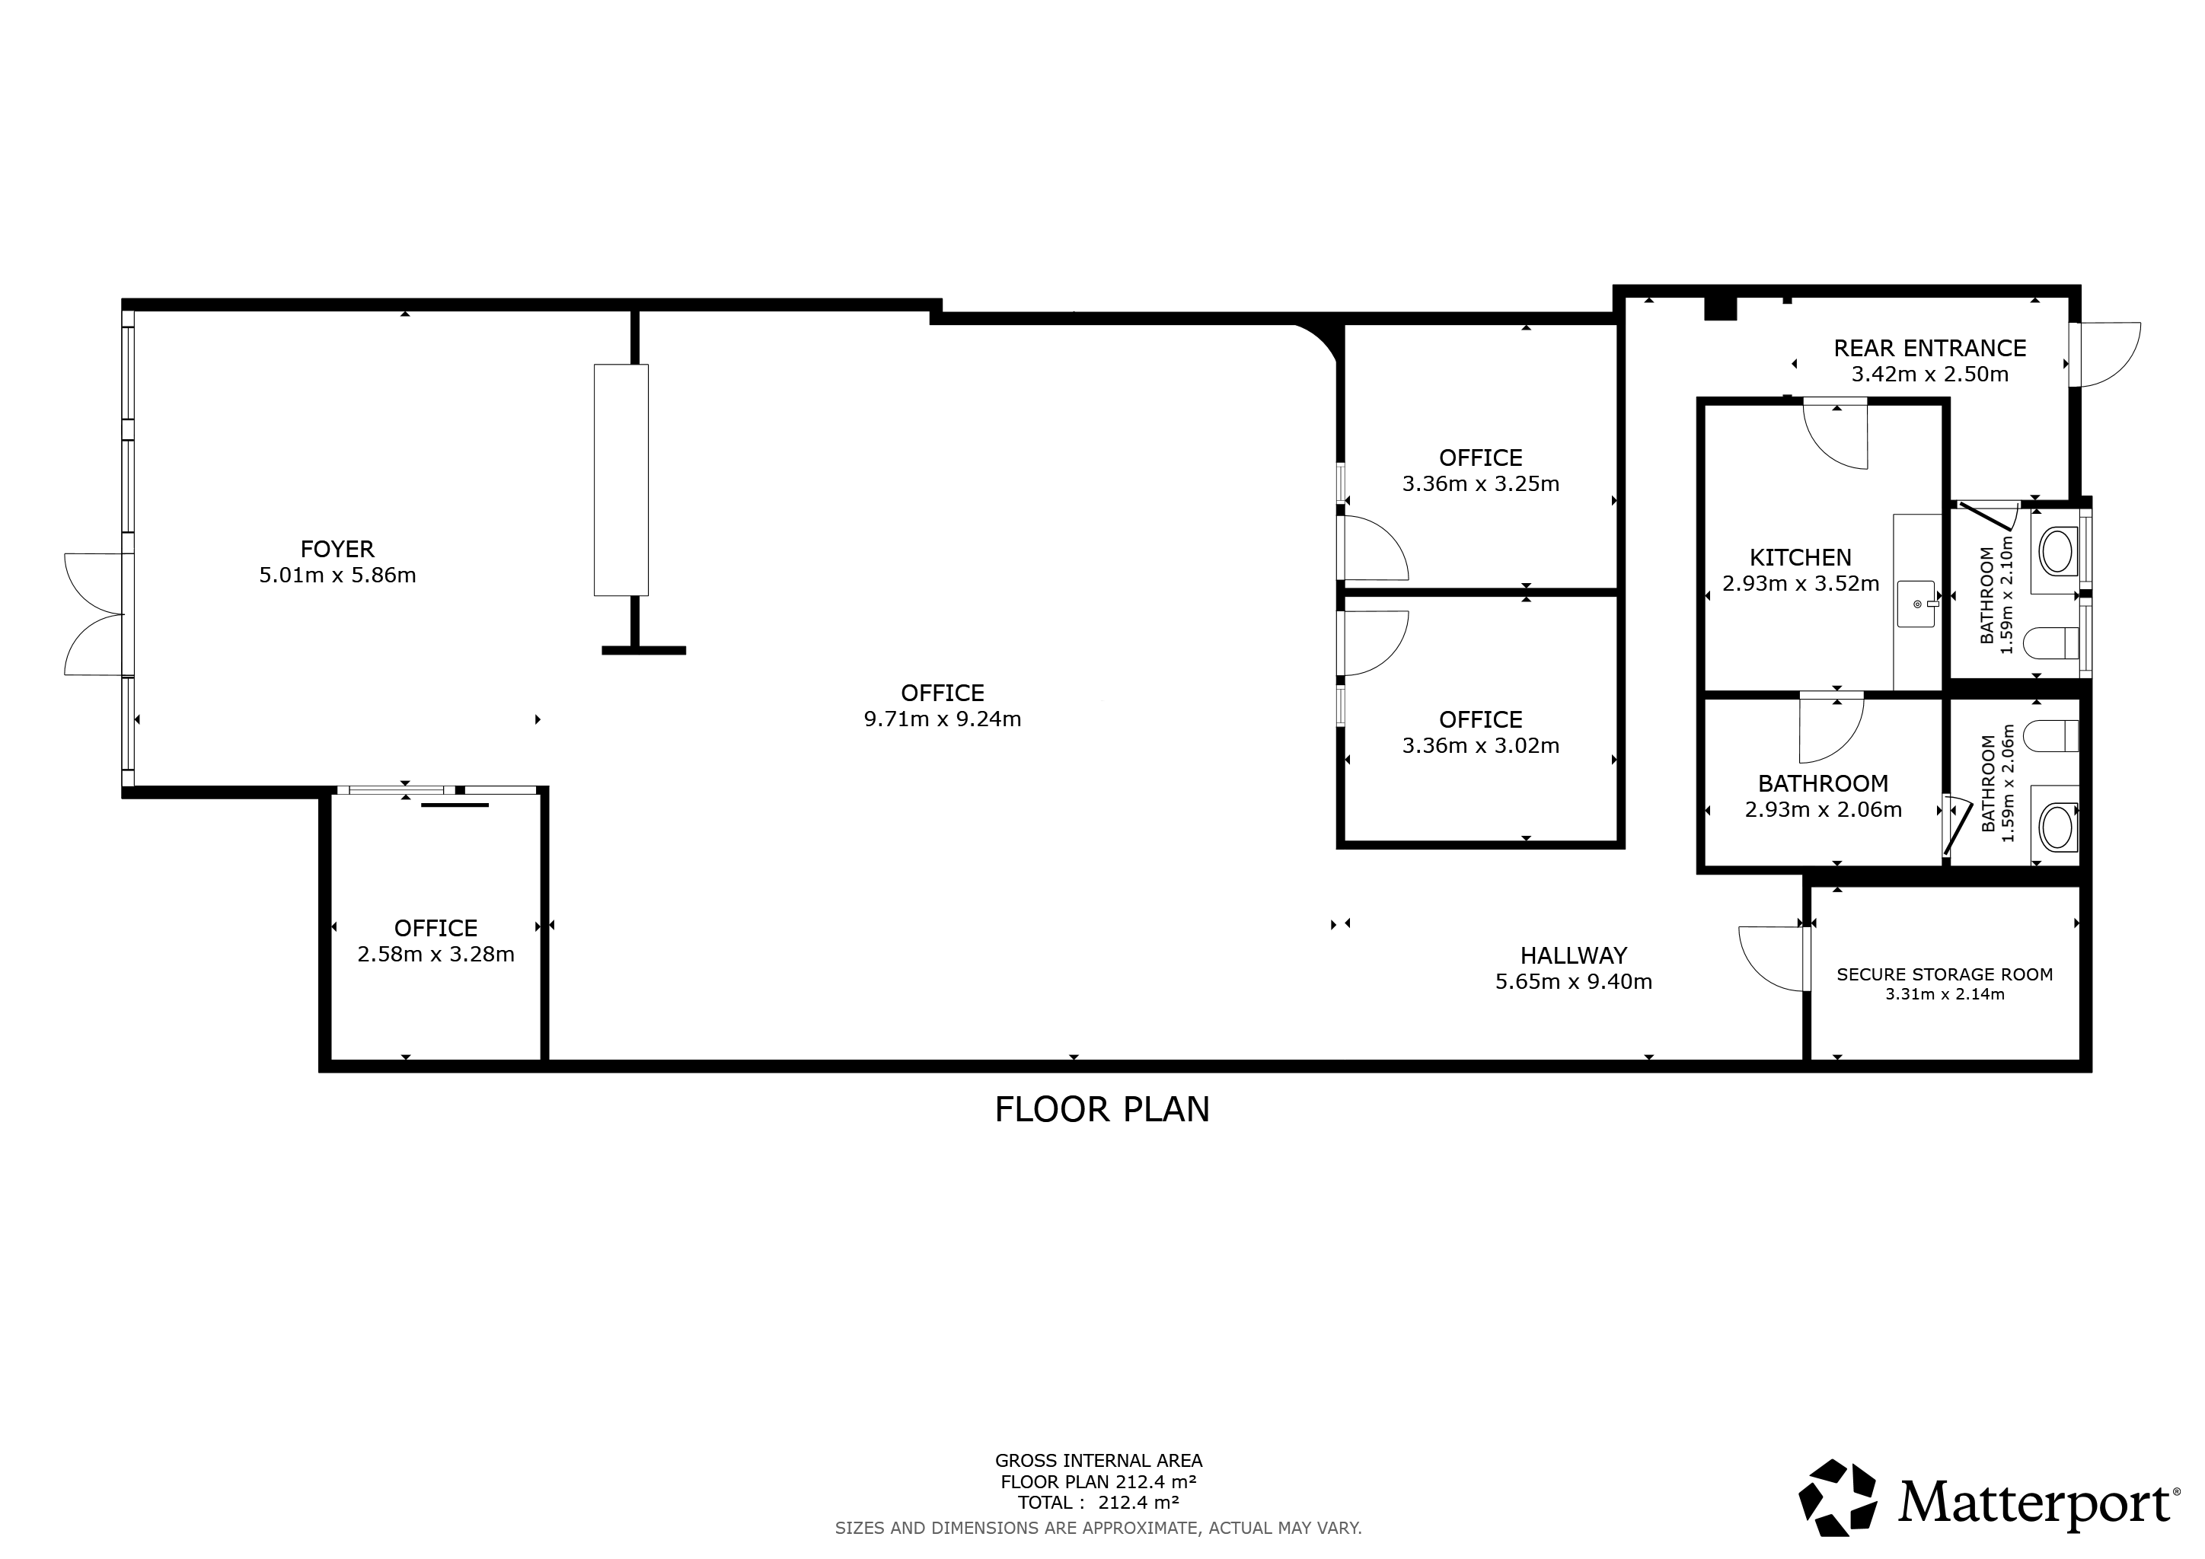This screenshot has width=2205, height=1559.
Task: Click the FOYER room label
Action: pyautogui.click(x=337, y=549)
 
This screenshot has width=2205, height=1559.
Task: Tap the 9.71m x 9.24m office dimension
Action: pyautogui.click(x=942, y=719)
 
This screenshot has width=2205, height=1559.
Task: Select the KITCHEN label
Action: pyautogui.click(x=1800, y=558)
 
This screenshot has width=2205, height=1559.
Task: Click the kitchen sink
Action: pyautogui.click(x=1917, y=604)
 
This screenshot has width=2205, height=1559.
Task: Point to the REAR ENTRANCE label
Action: pyautogui.click(x=1929, y=349)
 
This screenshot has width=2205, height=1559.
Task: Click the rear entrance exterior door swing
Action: pyautogui.click(x=2106, y=354)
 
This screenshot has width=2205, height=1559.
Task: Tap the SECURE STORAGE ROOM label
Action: pyautogui.click(x=1945, y=974)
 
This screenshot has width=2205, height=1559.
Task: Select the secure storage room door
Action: pyautogui.click(x=1773, y=958)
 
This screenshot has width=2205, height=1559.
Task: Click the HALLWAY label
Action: pyautogui.click(x=1573, y=955)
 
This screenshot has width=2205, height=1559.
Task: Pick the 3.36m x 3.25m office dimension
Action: pyautogui.click(x=1480, y=484)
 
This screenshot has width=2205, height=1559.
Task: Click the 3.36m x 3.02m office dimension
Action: pyautogui.click(x=1480, y=746)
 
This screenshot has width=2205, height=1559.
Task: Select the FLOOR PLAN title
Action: pyautogui.click(x=1102, y=1110)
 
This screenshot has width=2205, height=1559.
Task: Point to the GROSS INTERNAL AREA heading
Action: pyautogui.click(x=1099, y=1461)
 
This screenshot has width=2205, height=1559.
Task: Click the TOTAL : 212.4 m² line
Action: pyautogui.click(x=1099, y=1503)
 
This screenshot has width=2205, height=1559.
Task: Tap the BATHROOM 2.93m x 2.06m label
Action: pyautogui.click(x=1823, y=795)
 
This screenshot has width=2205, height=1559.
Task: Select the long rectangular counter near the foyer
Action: pyautogui.click(x=621, y=480)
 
